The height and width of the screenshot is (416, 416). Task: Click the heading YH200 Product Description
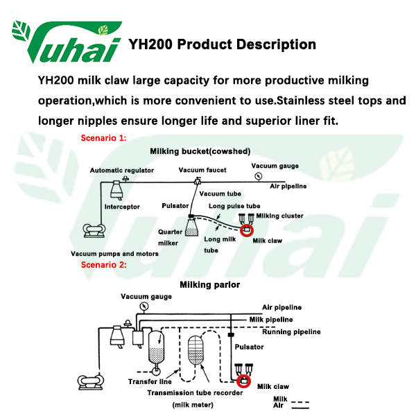222,44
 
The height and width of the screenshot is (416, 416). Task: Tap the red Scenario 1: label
104,138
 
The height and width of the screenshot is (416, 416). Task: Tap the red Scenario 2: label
104,264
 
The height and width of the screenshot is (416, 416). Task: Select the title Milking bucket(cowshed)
200,150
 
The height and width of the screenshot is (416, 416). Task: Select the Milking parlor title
210,284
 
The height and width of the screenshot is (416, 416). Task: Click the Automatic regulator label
122,170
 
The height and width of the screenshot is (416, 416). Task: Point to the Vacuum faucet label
202,170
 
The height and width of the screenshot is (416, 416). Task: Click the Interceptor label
122,207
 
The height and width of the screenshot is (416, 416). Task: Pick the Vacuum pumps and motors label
114,254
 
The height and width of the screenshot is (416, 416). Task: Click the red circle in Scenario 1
246,229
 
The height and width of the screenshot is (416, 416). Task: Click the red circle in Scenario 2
243,381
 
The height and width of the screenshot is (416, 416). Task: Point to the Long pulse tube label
234,206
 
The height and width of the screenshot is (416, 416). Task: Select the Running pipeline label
291,332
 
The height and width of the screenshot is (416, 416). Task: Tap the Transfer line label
150,381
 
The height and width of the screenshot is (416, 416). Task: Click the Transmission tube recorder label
195,392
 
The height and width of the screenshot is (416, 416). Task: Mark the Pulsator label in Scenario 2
250,347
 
